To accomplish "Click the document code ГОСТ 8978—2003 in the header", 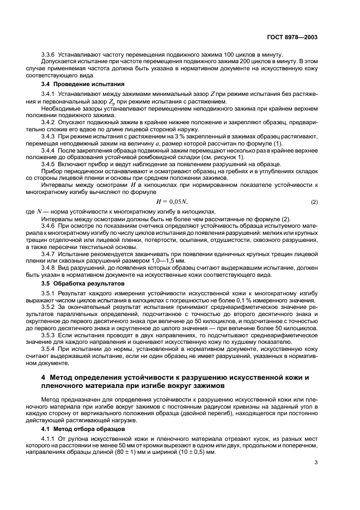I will coord(292,38).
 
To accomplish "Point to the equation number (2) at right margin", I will coord(314,202).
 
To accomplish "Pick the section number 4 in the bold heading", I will coord(44,378).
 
